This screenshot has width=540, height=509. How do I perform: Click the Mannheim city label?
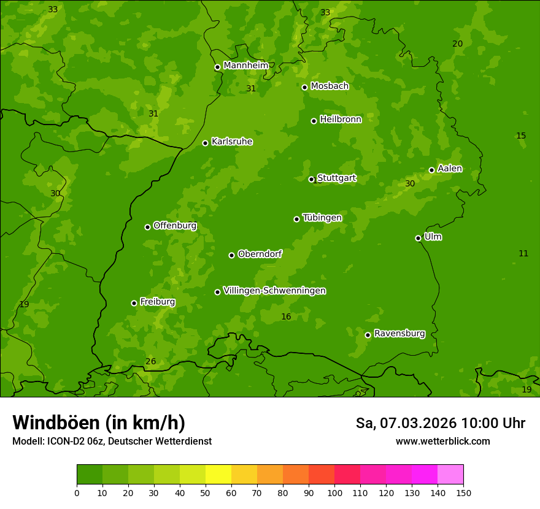point(245,66)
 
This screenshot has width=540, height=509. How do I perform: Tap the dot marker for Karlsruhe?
point(205,143)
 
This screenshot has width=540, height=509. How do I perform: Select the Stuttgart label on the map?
point(336,178)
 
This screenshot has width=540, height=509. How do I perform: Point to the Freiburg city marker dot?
point(134,303)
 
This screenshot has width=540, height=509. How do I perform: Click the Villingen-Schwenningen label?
point(274,291)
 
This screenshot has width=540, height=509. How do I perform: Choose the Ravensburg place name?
point(399,334)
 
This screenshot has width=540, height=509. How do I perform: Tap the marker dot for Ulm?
point(418,238)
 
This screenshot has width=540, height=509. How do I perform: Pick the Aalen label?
point(450,169)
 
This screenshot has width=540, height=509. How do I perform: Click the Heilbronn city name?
point(341,120)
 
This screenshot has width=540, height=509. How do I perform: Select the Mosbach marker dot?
point(304,87)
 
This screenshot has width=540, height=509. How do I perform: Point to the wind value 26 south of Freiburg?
point(150,361)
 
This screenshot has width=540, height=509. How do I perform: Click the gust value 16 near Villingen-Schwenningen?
point(286,316)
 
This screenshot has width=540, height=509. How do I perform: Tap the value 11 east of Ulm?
point(523,253)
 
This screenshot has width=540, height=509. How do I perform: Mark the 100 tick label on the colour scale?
point(334,492)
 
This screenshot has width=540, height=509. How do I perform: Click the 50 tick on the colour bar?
point(206,492)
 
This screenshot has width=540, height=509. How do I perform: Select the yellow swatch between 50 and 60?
point(218,475)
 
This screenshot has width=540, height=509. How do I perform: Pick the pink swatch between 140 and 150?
point(450,475)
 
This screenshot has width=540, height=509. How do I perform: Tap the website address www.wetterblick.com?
point(442,441)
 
